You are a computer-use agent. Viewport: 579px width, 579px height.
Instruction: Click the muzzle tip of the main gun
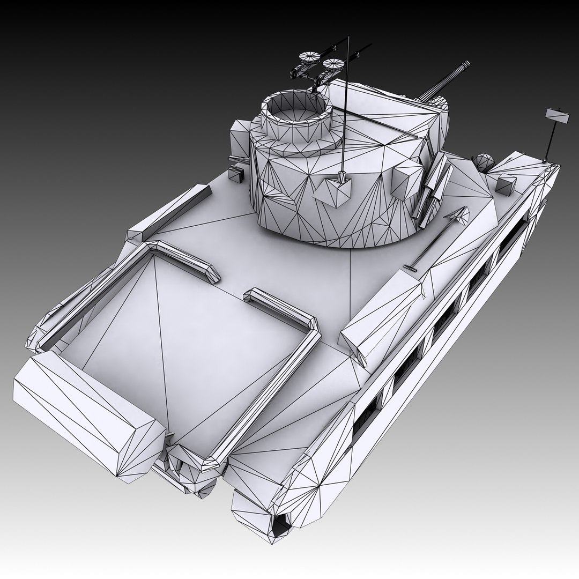[465, 66]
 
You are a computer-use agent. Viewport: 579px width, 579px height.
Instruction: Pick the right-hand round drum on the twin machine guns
[333, 65]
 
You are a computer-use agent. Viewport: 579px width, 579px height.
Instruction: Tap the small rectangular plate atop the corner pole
[558, 116]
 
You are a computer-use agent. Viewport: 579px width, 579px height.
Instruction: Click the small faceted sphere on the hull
[484, 162]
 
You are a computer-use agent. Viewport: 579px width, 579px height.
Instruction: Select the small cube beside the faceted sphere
[506, 184]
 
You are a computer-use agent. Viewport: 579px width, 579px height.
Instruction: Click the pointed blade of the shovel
[459, 215]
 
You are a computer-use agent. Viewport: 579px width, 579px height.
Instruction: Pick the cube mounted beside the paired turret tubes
[407, 180]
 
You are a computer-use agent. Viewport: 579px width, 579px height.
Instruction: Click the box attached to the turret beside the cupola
[240, 139]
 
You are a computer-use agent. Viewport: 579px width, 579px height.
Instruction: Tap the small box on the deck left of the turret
[236, 173]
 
